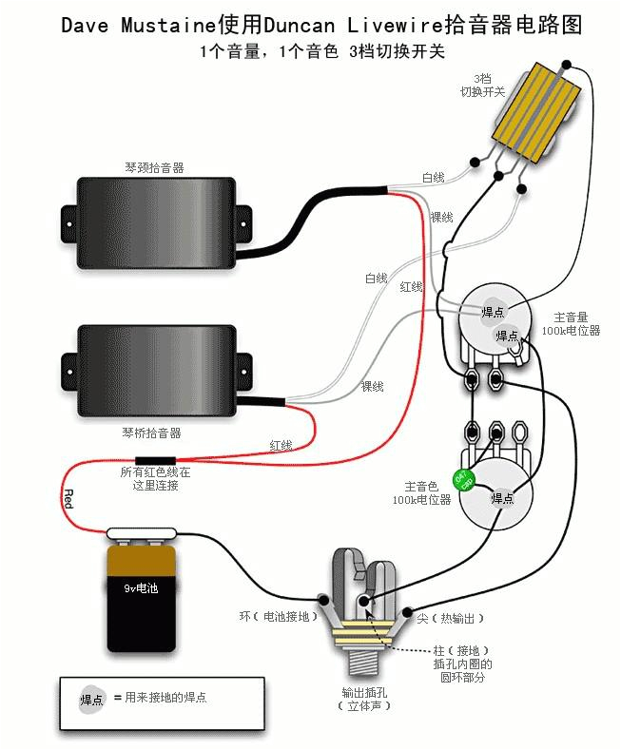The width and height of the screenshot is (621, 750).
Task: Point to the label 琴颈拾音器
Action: pos(154,167)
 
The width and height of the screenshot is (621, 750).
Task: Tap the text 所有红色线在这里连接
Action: pos(155,478)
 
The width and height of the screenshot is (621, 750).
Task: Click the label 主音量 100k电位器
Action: pos(571,323)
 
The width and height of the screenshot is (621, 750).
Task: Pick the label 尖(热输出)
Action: pos(451,619)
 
